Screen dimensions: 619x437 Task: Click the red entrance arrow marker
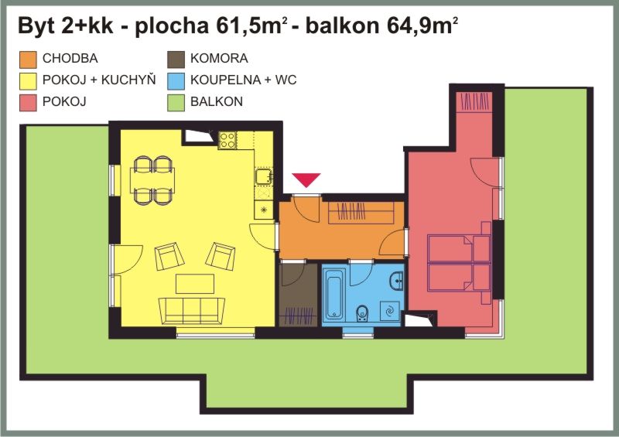coord(306,179)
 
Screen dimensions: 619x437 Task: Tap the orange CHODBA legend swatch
coord(28,60)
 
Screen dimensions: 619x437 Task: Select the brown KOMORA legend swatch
coord(176,60)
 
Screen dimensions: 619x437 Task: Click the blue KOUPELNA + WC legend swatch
coord(176,81)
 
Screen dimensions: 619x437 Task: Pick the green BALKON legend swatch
coord(176,103)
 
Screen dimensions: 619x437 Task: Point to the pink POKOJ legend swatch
coord(28,103)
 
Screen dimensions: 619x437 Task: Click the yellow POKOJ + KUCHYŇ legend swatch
coord(28,81)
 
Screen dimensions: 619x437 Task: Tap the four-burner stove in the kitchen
coord(227,140)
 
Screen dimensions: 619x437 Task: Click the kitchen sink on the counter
coord(264,176)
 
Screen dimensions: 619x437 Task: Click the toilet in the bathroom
coord(361,313)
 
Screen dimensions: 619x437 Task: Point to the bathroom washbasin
coord(396,281)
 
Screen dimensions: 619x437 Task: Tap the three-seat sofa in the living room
coord(192,311)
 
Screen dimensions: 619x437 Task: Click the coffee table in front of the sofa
coord(195,284)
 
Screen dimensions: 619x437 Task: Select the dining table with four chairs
coord(152,180)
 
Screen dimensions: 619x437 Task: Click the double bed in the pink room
coord(460,263)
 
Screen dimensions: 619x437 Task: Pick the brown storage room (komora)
coord(299,295)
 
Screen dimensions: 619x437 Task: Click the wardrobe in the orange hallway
coord(361,213)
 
